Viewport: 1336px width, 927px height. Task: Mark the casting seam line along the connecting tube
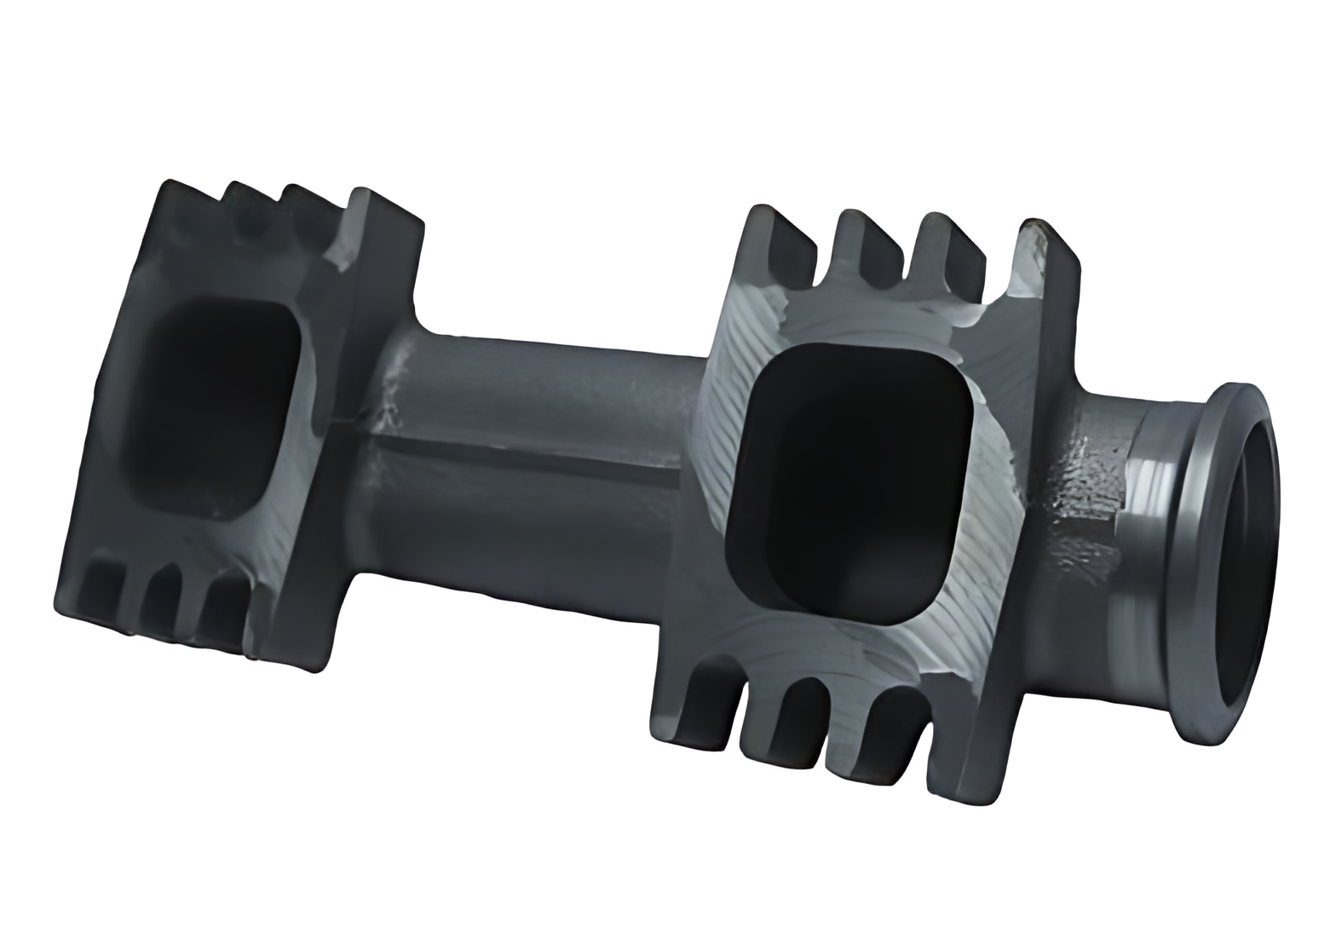click(528, 452)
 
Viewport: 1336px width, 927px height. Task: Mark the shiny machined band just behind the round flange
click(1150, 528)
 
